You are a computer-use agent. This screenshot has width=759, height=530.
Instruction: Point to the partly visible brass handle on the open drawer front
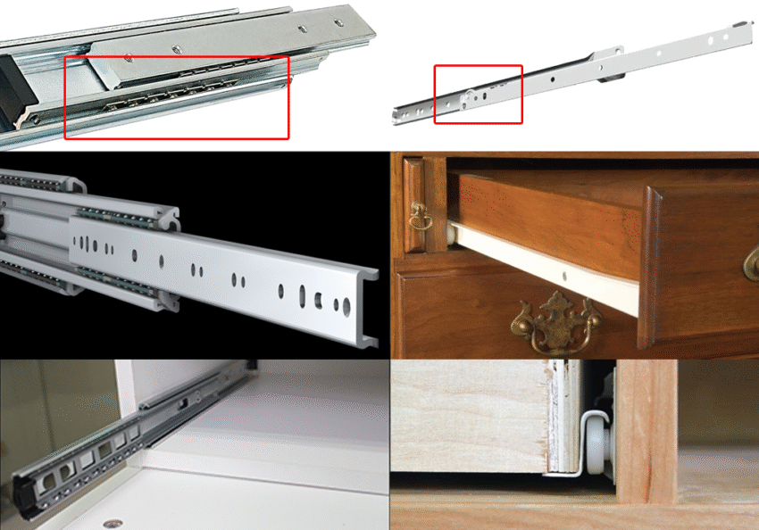(x=751, y=264)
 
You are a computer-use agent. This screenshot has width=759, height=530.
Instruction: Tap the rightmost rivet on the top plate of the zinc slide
(x=338, y=21)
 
